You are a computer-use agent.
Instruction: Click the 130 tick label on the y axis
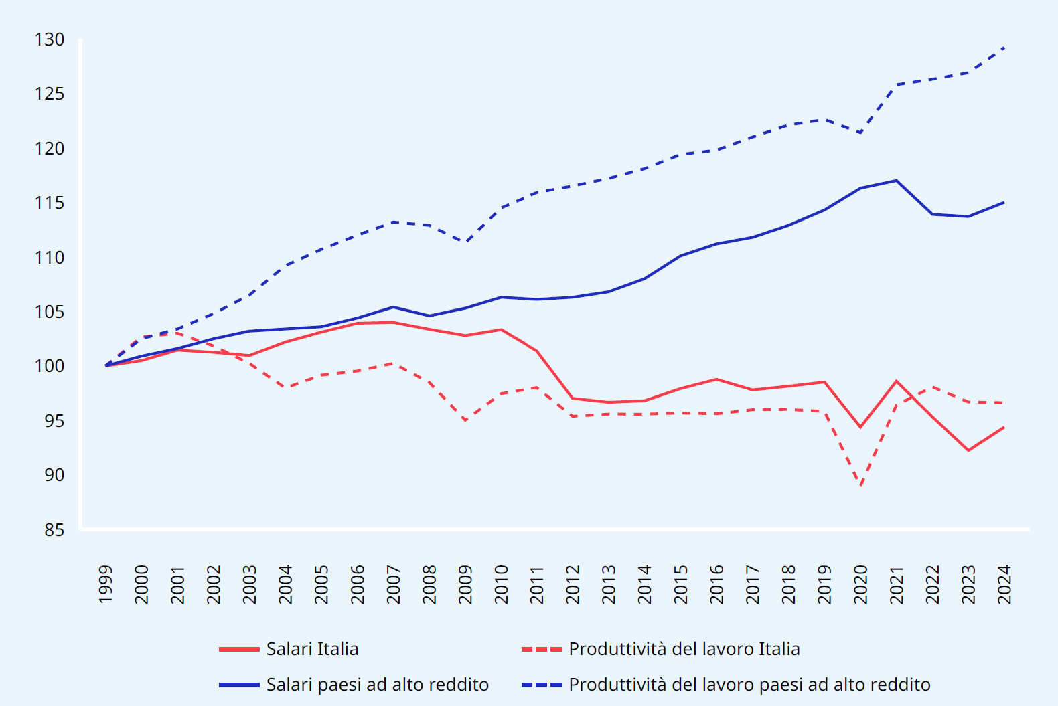(x=50, y=39)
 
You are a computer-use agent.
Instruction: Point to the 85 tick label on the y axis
(x=54, y=530)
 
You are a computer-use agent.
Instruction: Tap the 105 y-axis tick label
(x=50, y=312)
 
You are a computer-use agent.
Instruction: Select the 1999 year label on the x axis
(x=106, y=584)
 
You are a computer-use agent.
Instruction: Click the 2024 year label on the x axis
(x=1004, y=584)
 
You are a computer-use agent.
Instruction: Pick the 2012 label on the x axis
(x=573, y=584)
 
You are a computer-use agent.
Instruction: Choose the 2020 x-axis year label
(x=860, y=584)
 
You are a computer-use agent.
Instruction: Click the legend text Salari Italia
(x=312, y=649)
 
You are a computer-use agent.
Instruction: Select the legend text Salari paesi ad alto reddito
(x=377, y=685)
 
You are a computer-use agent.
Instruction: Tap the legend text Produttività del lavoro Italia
(x=684, y=649)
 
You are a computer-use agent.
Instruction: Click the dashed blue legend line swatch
(x=542, y=685)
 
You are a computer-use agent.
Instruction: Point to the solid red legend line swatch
(x=239, y=649)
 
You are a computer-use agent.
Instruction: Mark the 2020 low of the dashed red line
(x=860, y=485)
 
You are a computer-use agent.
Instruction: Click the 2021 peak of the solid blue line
(x=896, y=180)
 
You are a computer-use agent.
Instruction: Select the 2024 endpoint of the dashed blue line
(x=1004, y=48)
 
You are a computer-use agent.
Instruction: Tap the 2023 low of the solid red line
(x=968, y=450)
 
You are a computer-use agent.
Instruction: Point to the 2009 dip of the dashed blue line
(x=465, y=242)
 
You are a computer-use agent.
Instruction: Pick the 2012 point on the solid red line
(x=573, y=398)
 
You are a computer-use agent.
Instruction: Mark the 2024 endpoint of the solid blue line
(x=1004, y=202)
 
